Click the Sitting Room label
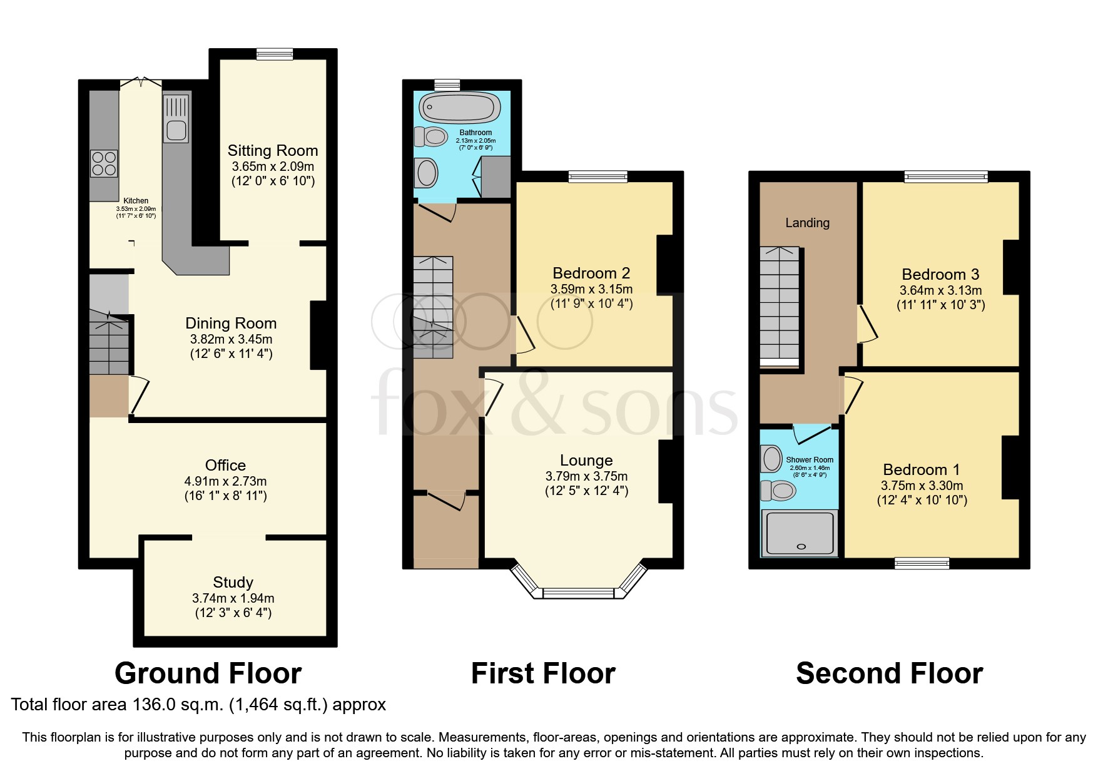coord(272,151)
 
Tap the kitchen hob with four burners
coord(104,163)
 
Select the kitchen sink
coord(176,118)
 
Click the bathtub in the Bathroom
coord(460,107)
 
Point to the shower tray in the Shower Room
coord(800,533)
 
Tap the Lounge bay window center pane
coord(578,593)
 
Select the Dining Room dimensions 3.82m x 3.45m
coord(231,339)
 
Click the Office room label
coord(225,465)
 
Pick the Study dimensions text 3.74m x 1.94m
coord(233,598)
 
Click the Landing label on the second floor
coord(807,223)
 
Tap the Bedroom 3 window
coord(945,177)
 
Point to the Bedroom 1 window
coord(922,563)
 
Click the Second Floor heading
coord(889,673)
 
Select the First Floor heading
coord(543,673)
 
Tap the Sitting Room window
coord(274,54)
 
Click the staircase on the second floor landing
coord(780,307)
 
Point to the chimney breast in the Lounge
coord(665,471)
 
